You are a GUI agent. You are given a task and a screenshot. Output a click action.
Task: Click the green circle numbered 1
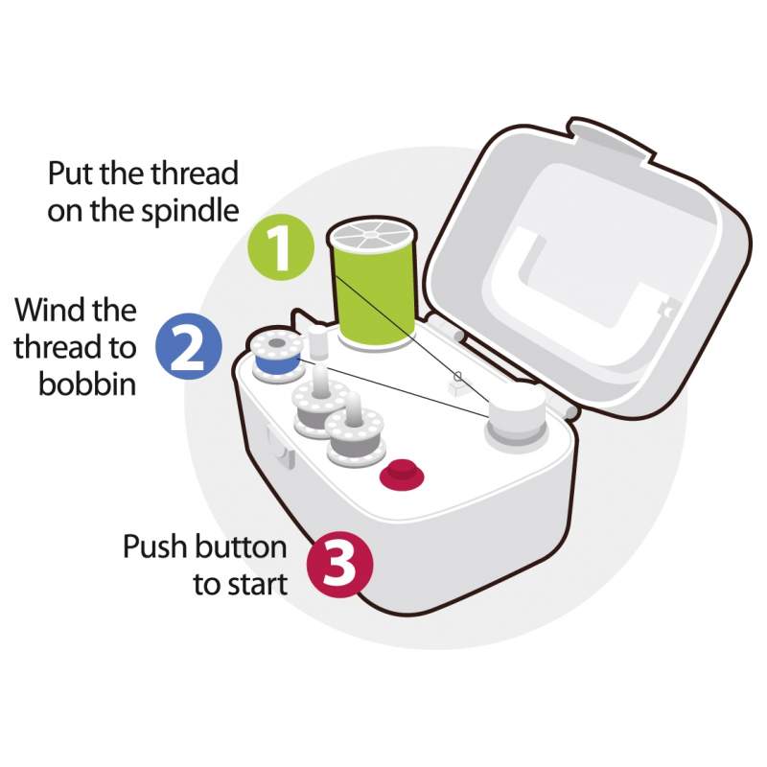point(281,249)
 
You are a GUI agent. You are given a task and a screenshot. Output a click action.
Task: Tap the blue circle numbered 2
point(189,346)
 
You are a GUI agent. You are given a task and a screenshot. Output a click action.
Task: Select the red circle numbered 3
point(340,564)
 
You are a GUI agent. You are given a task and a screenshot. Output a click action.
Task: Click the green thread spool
point(373,287)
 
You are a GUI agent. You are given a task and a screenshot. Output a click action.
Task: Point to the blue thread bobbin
point(276,356)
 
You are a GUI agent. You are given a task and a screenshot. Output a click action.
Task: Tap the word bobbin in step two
point(87,384)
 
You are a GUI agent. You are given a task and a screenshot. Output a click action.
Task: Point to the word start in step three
point(255,585)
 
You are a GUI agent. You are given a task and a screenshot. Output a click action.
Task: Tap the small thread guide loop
point(458,377)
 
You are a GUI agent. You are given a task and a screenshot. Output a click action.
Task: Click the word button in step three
point(241,546)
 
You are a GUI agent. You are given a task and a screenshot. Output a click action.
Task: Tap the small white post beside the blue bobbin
point(318,343)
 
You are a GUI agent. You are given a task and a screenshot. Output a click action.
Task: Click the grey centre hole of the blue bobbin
point(276,343)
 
